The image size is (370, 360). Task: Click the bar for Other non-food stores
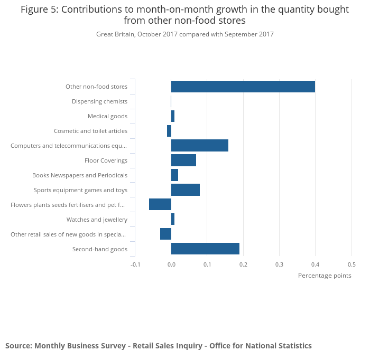[243, 87]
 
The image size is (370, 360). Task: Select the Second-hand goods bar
[205, 249]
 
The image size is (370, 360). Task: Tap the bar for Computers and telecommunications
[200, 146]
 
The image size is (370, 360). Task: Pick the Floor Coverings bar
[183, 160]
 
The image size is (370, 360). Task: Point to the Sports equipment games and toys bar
[186, 190]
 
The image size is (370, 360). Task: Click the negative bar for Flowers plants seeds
[160, 204]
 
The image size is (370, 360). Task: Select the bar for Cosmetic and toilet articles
[169, 131]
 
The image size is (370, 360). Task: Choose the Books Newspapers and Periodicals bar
[174, 175]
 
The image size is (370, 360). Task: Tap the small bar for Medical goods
[173, 116]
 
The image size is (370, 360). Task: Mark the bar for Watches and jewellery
[173, 219]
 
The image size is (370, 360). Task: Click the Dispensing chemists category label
[99, 101]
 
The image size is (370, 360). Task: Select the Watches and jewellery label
[97, 220]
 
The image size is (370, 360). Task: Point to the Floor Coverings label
[106, 160]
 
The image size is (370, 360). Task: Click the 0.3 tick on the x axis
[279, 264]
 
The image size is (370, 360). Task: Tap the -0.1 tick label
[136, 264]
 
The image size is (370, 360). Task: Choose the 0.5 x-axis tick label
[351, 264]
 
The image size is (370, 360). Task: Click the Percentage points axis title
[325, 276]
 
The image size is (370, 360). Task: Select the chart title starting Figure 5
[184, 15]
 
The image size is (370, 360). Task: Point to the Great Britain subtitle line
[184, 34]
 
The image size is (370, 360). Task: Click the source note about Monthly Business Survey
[159, 346]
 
